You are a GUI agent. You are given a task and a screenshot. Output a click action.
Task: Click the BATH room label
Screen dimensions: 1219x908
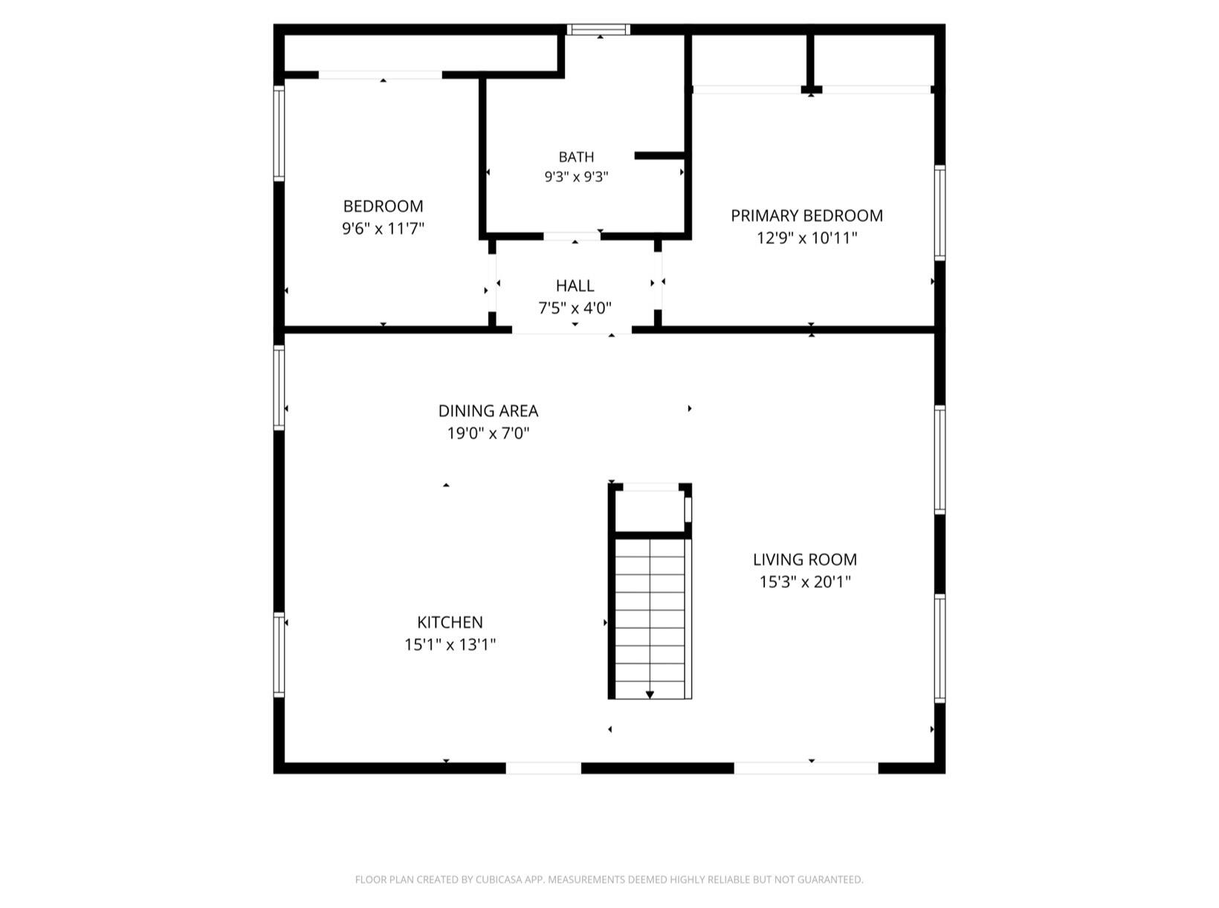pos(576,158)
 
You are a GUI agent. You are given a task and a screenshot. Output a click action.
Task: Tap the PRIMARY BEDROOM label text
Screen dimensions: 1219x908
pos(806,215)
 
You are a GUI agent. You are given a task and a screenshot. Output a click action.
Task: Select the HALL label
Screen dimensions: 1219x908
pos(575,286)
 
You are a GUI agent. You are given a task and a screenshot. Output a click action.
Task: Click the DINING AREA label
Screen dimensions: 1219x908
pos(488,411)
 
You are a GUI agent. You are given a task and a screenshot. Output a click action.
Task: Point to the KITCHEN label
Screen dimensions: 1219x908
pos(450,622)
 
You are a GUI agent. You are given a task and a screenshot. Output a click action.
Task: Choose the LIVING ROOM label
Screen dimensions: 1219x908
pos(804,560)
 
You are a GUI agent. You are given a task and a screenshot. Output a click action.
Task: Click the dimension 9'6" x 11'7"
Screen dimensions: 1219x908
pos(383,229)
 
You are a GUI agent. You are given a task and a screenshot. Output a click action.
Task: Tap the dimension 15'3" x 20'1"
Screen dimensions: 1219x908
pos(804,582)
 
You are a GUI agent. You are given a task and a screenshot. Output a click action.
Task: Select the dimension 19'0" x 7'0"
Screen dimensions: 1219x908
pos(488,433)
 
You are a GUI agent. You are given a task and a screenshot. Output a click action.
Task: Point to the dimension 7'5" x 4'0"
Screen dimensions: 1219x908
pos(575,308)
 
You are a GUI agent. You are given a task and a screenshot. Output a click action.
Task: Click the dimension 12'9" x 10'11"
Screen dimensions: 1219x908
pos(806,238)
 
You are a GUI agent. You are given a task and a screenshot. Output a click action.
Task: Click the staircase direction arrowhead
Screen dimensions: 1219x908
pos(650,695)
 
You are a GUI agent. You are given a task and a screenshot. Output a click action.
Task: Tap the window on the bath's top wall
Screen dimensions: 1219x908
pos(598,30)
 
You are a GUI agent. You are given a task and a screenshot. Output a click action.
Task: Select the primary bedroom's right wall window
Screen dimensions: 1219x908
pos(940,213)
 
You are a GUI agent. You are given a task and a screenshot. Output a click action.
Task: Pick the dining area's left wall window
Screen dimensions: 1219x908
pos(279,388)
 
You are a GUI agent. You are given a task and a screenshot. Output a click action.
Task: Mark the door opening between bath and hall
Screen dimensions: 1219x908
pos(572,236)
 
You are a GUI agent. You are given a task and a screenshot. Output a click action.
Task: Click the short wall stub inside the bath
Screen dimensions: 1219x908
pos(659,156)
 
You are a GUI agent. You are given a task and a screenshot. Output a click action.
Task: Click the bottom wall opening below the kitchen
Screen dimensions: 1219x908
pos(543,768)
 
